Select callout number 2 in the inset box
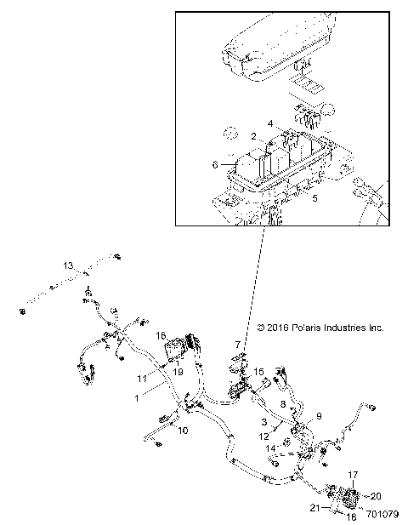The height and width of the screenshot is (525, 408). pyautogui.click(x=254, y=136)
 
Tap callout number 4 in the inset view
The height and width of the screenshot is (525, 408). pyautogui.click(x=270, y=124)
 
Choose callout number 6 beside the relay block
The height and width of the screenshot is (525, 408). pyautogui.click(x=215, y=164)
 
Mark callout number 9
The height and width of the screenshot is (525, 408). pyautogui.click(x=320, y=416)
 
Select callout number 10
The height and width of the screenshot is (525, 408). pyautogui.click(x=182, y=431)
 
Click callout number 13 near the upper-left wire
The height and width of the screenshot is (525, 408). pyautogui.click(x=69, y=266)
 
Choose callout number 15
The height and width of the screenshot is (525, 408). pyautogui.click(x=259, y=372)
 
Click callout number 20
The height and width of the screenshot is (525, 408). pyautogui.click(x=377, y=495)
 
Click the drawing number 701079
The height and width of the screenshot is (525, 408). pyautogui.click(x=381, y=514)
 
